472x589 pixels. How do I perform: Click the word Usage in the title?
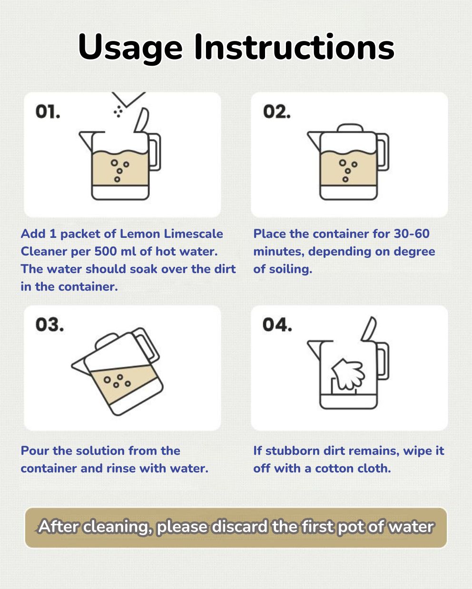[130, 48]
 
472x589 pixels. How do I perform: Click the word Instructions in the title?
[295, 47]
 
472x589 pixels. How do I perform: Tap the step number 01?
[48, 112]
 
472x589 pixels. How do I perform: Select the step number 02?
[276, 112]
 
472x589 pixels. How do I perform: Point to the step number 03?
[49, 325]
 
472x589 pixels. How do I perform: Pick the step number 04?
[277, 325]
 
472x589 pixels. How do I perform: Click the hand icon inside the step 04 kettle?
[348, 374]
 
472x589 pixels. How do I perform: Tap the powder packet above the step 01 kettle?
[128, 99]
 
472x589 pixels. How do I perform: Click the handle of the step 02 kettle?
[383, 152]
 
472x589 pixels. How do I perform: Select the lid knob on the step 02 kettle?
[350, 128]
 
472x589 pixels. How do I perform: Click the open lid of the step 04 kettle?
[369, 329]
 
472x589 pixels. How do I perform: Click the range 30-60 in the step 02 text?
[412, 234]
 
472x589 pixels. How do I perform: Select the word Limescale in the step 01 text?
[193, 234]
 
